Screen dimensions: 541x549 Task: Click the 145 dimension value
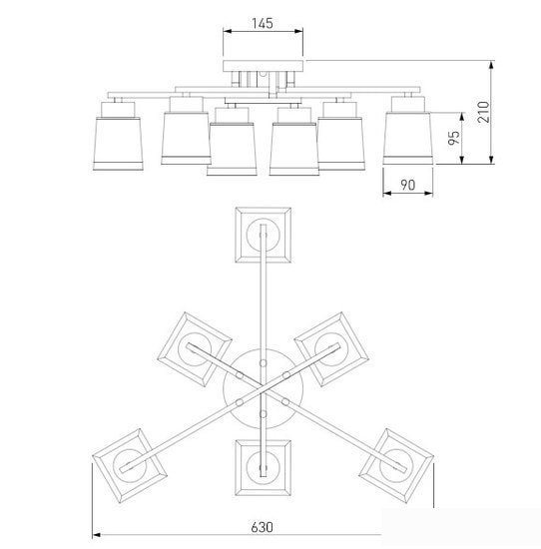[263, 23]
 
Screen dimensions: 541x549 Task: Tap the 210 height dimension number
[483, 112]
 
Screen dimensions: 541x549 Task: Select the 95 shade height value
[454, 138]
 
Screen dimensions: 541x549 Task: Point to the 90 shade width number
[408, 185]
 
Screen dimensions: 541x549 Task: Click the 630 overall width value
[262, 527]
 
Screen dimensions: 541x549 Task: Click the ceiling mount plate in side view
[263, 66]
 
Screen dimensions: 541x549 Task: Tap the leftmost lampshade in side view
[118, 144]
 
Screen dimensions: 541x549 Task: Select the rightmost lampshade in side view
[408, 139]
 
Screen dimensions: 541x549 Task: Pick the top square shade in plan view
[263, 235]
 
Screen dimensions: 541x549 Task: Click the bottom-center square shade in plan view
[263, 468]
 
